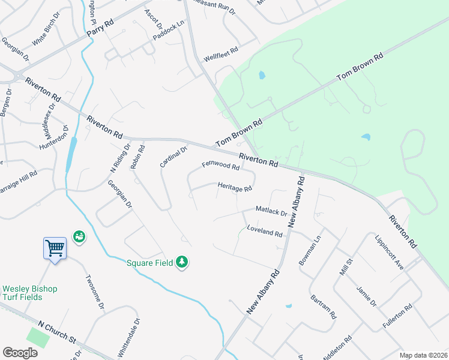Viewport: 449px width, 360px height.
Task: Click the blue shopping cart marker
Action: (55, 247)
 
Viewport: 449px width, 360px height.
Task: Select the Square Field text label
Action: (149, 262)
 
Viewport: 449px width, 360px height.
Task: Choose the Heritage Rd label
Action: (235, 188)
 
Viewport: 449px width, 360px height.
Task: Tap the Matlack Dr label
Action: (271, 211)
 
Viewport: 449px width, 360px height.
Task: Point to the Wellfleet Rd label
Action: (221, 51)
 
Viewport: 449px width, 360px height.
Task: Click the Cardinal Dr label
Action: (174, 156)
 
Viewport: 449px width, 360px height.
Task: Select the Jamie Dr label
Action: (366, 295)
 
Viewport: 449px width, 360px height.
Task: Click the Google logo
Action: (20, 353)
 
